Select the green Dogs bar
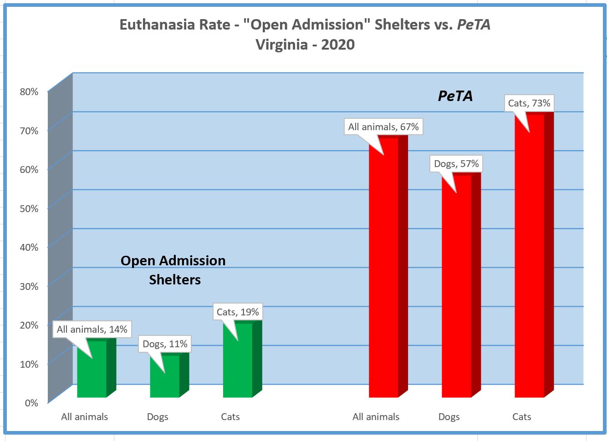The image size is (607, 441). [x=165, y=380]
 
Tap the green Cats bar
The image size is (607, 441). [x=238, y=364]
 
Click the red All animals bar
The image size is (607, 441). [x=383, y=273]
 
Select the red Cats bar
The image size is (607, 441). [x=529, y=259]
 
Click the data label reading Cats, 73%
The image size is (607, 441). [x=529, y=103]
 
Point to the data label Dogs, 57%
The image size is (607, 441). [x=456, y=164]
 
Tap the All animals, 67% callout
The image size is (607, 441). [x=383, y=127]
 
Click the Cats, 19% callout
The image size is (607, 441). [x=238, y=312]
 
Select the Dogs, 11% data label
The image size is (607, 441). [x=165, y=344]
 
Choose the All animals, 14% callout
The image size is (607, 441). [x=92, y=329]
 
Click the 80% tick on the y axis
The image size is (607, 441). [x=29, y=91]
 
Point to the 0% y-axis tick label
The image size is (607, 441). [x=31, y=403]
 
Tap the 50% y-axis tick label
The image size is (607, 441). [x=29, y=208]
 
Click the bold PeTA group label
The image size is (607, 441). [x=455, y=96]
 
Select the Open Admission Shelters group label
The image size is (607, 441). [x=173, y=270]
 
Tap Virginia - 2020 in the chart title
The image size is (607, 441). [x=305, y=45]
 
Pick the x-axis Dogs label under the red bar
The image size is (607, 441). [x=449, y=417]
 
